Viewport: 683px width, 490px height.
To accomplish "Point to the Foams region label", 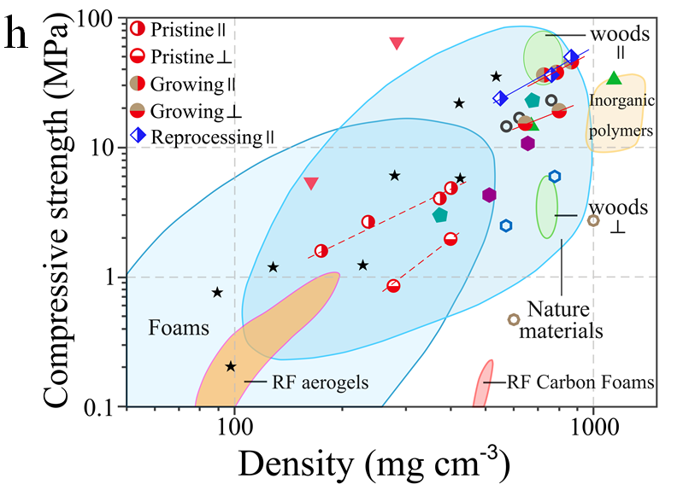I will pyautogui.click(x=175, y=327).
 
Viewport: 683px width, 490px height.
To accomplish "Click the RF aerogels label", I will pyautogui.click(x=321, y=383).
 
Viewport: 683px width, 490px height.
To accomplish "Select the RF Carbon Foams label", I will pyautogui.click(x=580, y=382).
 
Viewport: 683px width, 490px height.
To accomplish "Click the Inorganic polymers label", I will pyautogui.click(x=621, y=116).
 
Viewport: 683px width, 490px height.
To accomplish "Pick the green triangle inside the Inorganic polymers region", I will pyautogui.click(x=613, y=79).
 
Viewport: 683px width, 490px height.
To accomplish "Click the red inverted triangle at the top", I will pyautogui.click(x=397, y=44).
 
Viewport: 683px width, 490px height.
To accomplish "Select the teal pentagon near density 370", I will pyautogui.click(x=440, y=215).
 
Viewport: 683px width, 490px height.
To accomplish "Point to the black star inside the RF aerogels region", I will pyautogui.click(x=231, y=366).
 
